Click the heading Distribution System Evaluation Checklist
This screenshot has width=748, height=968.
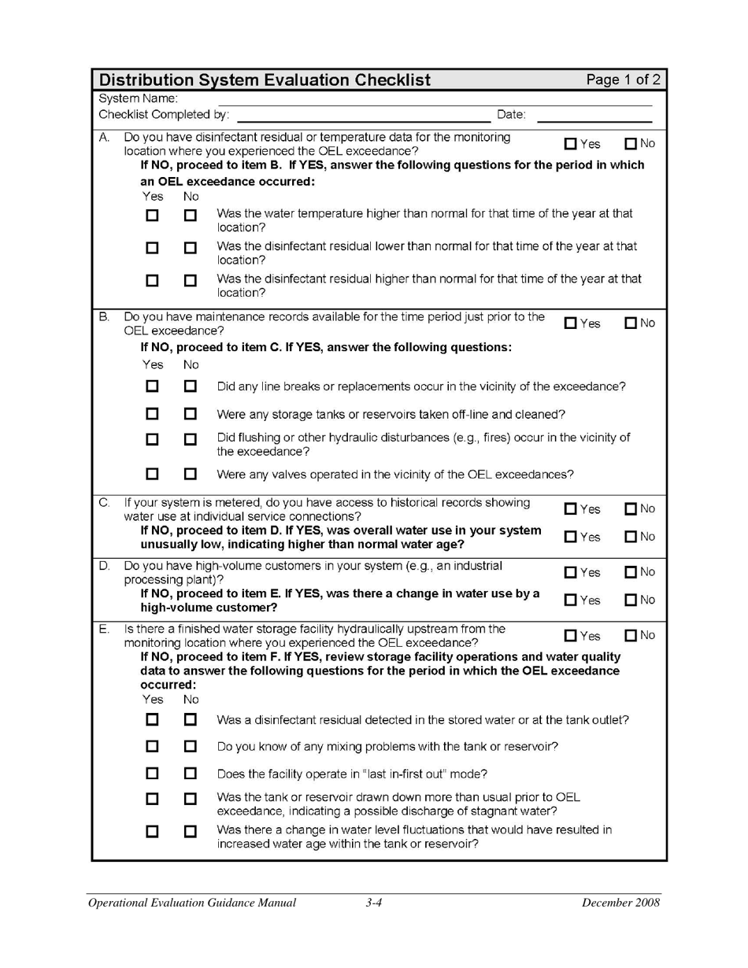click(265, 80)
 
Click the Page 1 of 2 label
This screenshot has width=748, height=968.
click(623, 79)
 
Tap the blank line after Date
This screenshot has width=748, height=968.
click(594, 116)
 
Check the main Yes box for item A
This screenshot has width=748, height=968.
click(571, 144)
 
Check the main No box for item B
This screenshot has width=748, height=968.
click(631, 323)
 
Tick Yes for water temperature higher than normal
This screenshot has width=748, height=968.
click(152, 215)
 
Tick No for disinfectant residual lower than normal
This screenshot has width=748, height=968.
click(190, 248)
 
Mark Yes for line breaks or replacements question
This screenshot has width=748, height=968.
click(152, 386)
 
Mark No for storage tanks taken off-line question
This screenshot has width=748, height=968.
click(190, 414)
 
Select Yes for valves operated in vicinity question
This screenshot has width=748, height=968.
click(152, 474)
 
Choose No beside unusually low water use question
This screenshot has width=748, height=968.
click(631, 537)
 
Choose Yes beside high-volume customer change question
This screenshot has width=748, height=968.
click(571, 600)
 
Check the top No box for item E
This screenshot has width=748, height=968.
click(631, 636)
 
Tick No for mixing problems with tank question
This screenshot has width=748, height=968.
click(190, 746)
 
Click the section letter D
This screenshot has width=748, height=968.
click(104, 566)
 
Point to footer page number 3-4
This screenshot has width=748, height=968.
click(373, 903)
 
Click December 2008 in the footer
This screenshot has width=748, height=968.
click(620, 903)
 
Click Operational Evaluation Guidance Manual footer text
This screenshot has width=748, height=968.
click(192, 903)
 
